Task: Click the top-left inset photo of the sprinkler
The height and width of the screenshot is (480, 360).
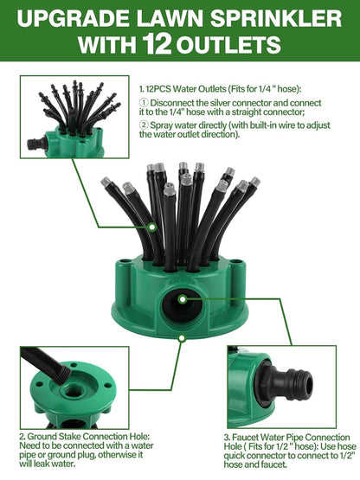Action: click(74, 117)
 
